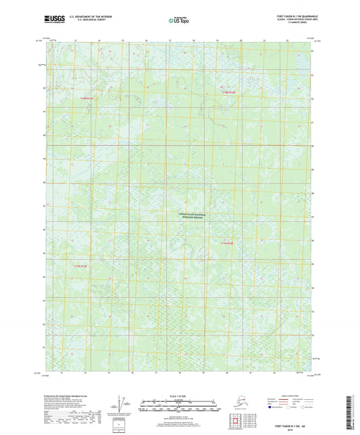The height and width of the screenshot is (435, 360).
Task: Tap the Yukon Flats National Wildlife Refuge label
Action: click(x=194, y=216)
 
